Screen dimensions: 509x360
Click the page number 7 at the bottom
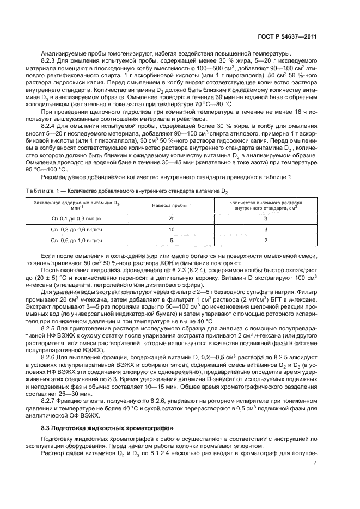(315, 463)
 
